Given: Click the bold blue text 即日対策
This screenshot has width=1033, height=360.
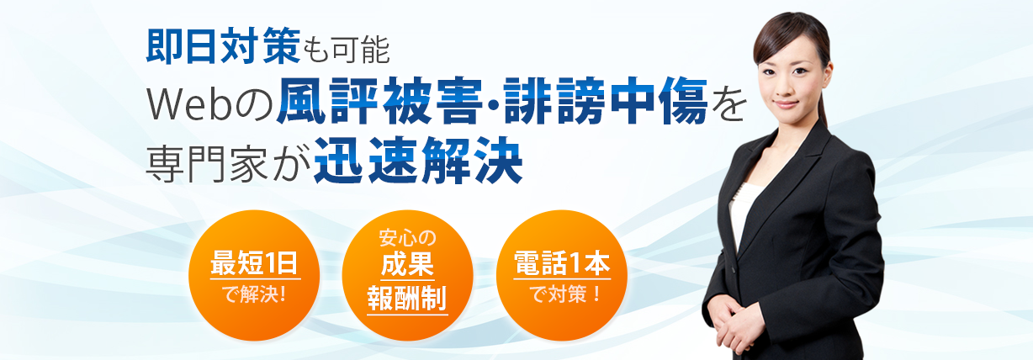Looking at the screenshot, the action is (x=223, y=45).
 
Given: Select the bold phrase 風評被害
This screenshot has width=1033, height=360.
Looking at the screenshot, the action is (x=379, y=101).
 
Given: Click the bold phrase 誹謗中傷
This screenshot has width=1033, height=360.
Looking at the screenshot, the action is (x=606, y=101).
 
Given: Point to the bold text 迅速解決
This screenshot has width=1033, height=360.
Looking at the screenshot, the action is (x=418, y=161).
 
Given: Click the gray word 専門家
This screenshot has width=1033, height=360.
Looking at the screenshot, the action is (x=207, y=163).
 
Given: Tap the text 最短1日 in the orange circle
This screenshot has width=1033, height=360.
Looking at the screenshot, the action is (x=254, y=263).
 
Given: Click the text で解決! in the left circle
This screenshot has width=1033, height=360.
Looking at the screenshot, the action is (x=254, y=294).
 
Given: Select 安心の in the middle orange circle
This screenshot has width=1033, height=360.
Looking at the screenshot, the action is (x=407, y=238).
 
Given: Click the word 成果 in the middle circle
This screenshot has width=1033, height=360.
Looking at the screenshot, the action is (x=407, y=265).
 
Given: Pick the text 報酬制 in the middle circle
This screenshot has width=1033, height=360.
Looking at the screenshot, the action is (x=407, y=299).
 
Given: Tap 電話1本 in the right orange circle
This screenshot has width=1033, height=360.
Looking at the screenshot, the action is (x=562, y=263).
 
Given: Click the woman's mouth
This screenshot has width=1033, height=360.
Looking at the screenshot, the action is (x=786, y=104).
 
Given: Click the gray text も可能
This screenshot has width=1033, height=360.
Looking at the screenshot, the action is (x=346, y=50).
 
